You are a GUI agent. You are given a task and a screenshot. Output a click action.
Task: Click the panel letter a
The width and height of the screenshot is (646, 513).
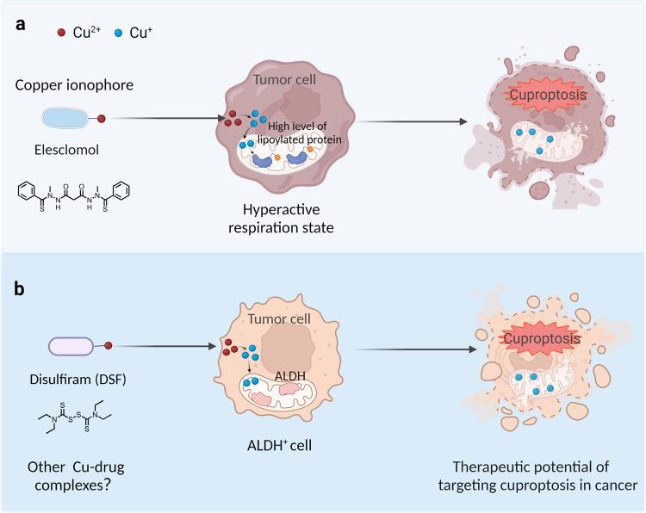[18, 25]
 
